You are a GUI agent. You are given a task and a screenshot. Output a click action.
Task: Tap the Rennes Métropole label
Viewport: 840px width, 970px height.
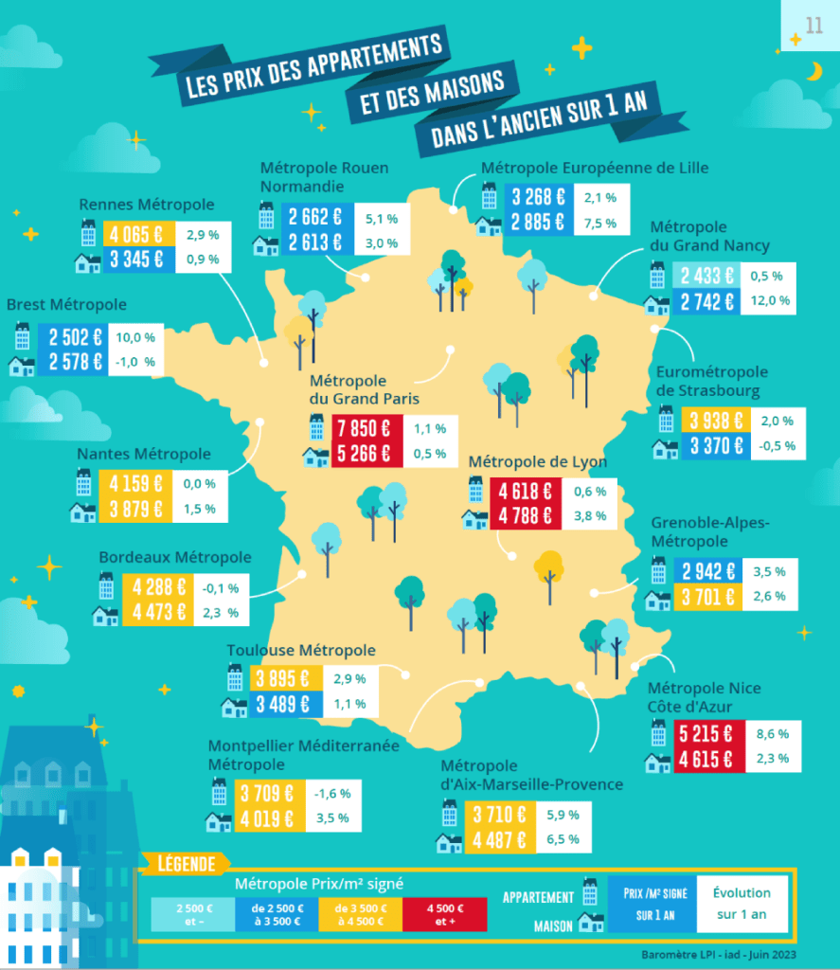point(147,204)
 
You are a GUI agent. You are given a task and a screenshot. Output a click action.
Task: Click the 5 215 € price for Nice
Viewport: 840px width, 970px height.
point(706,732)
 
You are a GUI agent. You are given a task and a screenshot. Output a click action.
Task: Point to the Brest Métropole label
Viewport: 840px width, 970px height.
point(66,305)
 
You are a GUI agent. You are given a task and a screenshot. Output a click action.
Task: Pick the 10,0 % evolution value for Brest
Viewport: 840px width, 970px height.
point(134,337)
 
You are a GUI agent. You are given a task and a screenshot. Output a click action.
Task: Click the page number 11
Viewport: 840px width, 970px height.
point(813,26)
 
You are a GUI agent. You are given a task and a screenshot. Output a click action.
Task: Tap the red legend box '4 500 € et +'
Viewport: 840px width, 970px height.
point(444,914)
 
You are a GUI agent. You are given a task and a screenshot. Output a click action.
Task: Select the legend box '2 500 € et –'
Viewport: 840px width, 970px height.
point(192,914)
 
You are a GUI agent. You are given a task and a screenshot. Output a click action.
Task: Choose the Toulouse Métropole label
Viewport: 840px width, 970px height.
point(301,650)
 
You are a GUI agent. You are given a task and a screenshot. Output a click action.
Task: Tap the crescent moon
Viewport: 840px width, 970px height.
point(814,71)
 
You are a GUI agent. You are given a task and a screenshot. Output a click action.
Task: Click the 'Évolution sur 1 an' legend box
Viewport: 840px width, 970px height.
point(741,903)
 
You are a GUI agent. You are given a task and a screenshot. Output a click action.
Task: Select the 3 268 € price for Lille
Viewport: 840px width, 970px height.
point(538,198)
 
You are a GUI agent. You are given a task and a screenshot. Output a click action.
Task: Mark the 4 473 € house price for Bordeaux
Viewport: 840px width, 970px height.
point(158,612)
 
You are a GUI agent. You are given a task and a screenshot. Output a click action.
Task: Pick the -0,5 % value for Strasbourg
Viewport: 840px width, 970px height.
point(777,446)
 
